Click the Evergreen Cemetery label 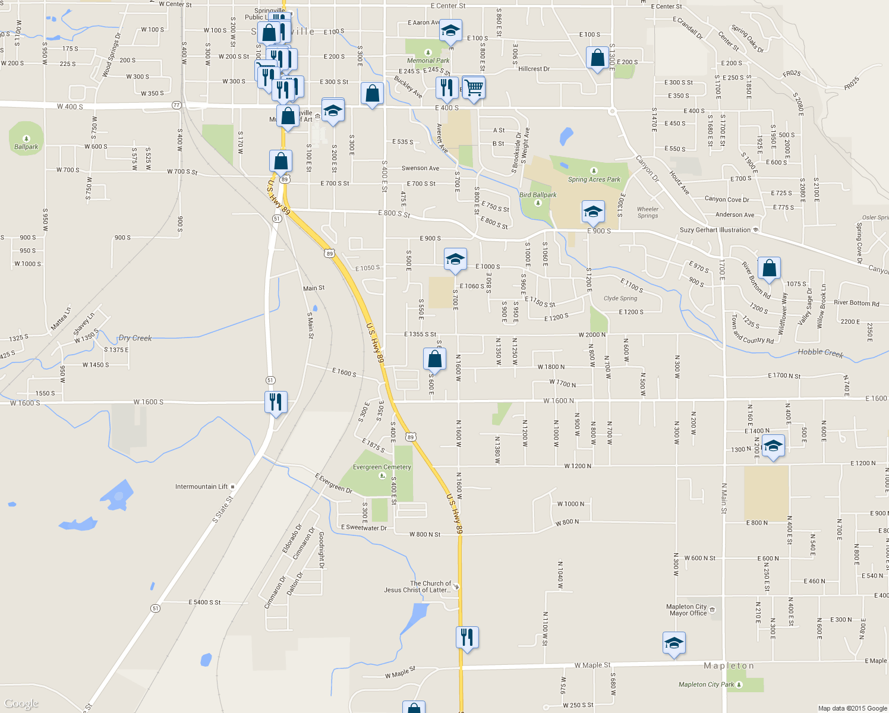coord(382,467)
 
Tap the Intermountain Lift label coord(201,487)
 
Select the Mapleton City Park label coord(707,684)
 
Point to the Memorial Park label coord(428,61)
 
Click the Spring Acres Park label coord(594,179)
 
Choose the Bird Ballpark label coord(538,195)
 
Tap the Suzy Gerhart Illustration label coord(715,230)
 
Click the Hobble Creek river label coord(820,352)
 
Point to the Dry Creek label coord(135,338)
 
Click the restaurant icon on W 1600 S coord(276,402)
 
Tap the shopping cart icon coord(474,88)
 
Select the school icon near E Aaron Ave coord(450,31)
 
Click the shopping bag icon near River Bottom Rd coord(769,268)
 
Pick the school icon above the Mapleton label coord(673,643)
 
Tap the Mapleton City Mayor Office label coord(687,610)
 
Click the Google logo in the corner coord(21,703)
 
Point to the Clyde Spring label coord(620,298)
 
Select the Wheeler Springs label coord(647,212)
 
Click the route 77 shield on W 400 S coord(176,105)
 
